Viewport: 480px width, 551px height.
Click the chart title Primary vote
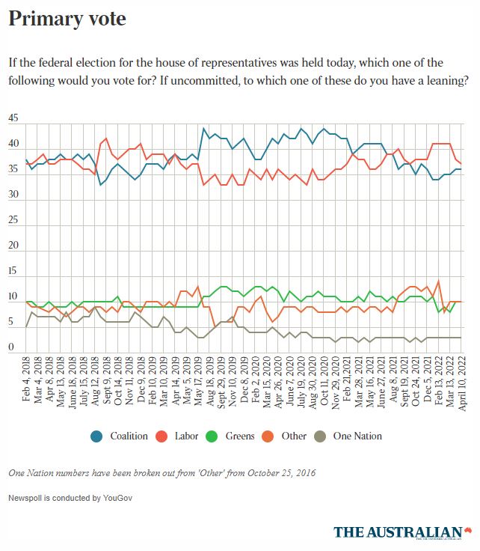coord(67,19)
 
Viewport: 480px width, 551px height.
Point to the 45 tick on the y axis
coord(13,119)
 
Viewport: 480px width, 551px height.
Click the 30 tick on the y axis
coord(13,195)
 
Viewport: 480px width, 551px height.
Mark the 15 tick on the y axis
coord(13,271)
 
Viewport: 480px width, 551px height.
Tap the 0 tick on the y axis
coord(11,347)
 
